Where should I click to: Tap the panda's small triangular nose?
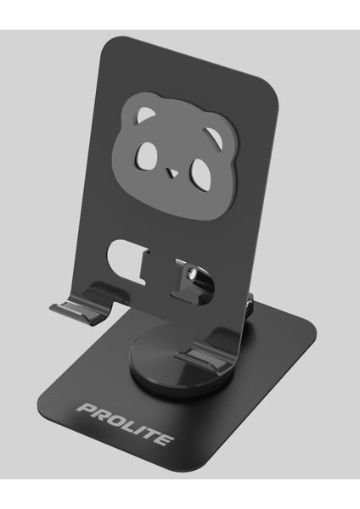(x=173, y=174)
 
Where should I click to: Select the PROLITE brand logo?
(x=126, y=425)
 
